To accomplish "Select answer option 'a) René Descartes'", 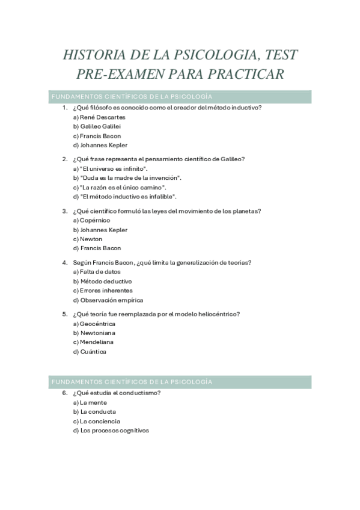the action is pyautogui.click(x=99, y=117).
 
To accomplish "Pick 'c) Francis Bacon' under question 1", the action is pyautogui.click(x=97, y=136).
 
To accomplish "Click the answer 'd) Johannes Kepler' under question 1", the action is pyautogui.click(x=100, y=145).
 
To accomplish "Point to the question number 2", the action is pyautogui.click(x=64, y=159).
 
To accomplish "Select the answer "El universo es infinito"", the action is pyautogui.click(x=110, y=169).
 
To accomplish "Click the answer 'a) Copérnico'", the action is pyautogui.click(x=92, y=221).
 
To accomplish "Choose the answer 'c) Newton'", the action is pyautogui.click(x=88, y=239).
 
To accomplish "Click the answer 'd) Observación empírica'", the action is pyautogui.click(x=108, y=300).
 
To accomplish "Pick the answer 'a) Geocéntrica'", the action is pyautogui.click(x=94, y=324).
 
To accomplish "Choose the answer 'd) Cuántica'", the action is pyautogui.click(x=90, y=352).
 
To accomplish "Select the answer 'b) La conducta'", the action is pyautogui.click(x=94, y=412).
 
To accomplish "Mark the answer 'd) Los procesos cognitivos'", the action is pyautogui.click(x=111, y=431).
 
